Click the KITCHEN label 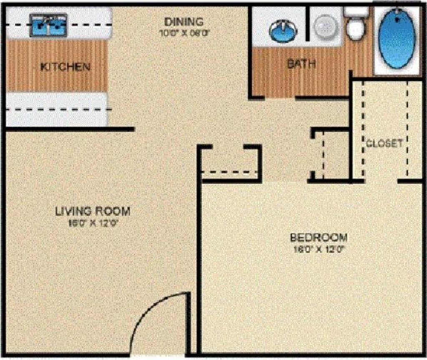pos(65,67)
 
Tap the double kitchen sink pos(48,25)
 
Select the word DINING pos(183,21)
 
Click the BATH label pos(301,64)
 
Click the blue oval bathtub pos(397,39)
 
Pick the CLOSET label pos(384,143)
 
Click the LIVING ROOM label pos(93,211)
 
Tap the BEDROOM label pos(319,238)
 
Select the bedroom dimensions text pos(319,250)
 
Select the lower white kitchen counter pos(56,109)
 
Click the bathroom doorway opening pos(280,98)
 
